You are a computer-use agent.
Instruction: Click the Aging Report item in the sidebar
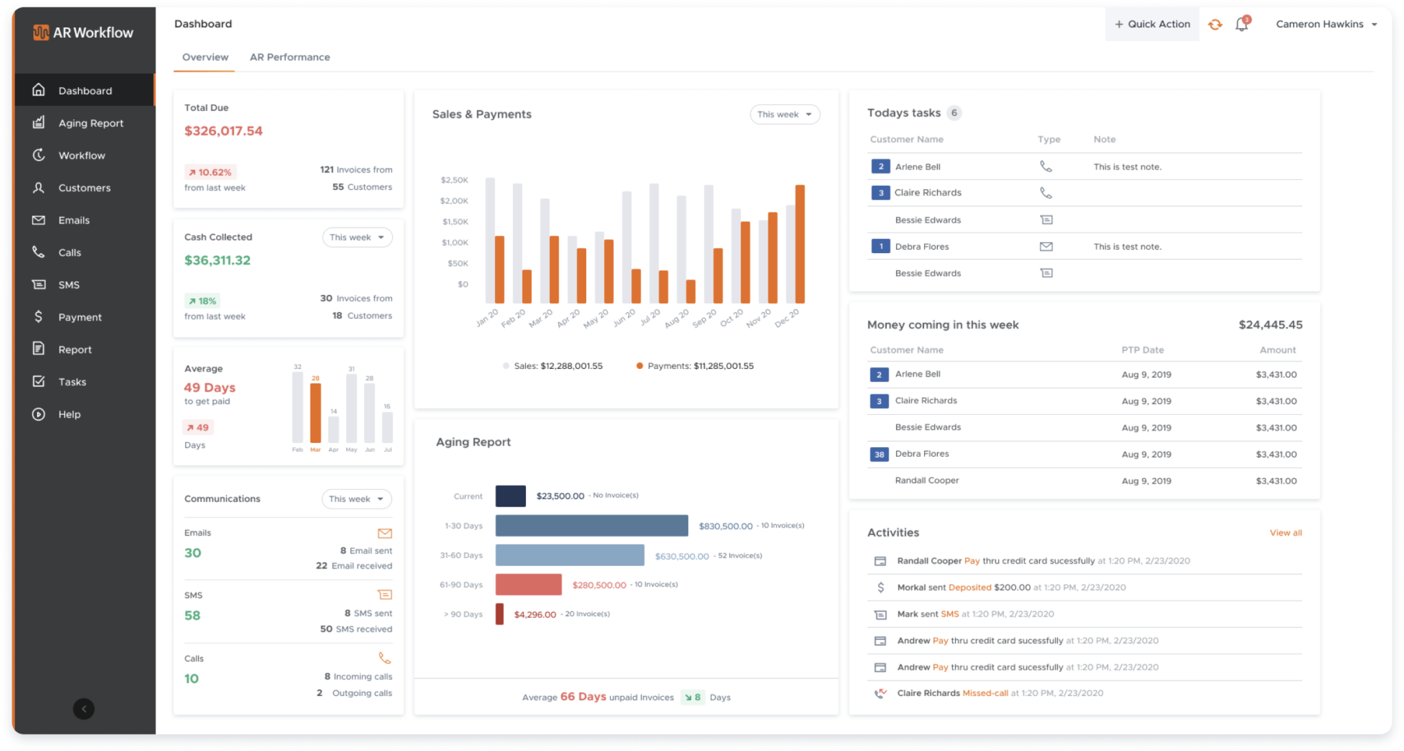(90, 123)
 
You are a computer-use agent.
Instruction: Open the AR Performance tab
(289, 57)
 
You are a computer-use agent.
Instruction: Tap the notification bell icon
(1242, 25)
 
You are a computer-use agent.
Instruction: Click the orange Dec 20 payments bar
(799, 244)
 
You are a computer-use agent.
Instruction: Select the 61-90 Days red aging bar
(529, 584)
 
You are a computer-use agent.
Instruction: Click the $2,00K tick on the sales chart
(454, 201)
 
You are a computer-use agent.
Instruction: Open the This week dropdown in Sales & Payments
(784, 115)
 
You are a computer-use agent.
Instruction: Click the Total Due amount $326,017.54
(223, 131)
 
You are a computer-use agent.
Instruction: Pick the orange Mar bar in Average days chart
(315, 413)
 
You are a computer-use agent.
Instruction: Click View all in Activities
(1285, 533)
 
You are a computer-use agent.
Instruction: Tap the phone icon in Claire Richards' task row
(1045, 193)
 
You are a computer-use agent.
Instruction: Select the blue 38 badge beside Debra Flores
(879, 454)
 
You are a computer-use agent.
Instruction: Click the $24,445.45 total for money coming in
(1270, 325)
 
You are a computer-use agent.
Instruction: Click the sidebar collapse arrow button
(84, 708)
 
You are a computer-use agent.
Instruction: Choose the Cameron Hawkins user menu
(1326, 25)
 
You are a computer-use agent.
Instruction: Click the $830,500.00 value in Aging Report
(725, 526)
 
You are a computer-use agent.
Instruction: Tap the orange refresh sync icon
(1215, 25)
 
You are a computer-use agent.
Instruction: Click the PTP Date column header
(1142, 350)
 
